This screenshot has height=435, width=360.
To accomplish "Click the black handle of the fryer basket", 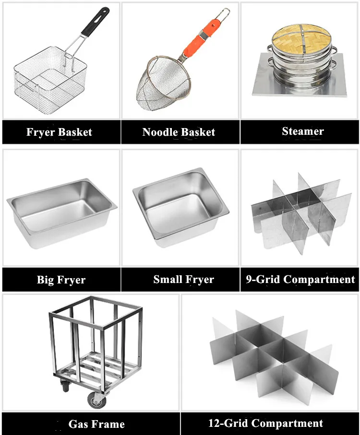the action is click(x=95, y=22).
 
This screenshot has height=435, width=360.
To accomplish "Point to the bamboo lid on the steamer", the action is click(x=301, y=36).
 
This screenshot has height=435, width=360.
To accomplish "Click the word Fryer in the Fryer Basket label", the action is click(x=40, y=132).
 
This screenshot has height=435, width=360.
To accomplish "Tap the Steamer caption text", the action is click(x=303, y=131).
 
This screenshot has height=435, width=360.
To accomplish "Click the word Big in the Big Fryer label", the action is click(x=46, y=280).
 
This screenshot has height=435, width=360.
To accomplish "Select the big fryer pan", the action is click(x=61, y=212).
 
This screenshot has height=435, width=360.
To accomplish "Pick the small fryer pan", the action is click(x=180, y=207).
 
